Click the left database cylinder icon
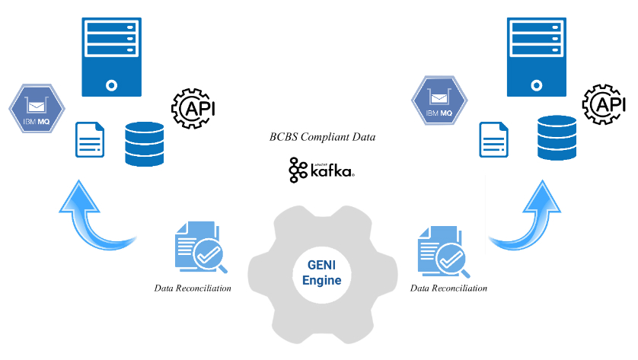[145, 143]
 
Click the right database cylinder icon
[557, 137]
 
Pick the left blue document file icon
[90, 139]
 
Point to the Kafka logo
[321, 170]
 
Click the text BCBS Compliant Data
[322, 138]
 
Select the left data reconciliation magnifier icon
[198, 248]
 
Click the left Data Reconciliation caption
[193, 288]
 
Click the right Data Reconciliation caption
[448, 288]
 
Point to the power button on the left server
[111, 84]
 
